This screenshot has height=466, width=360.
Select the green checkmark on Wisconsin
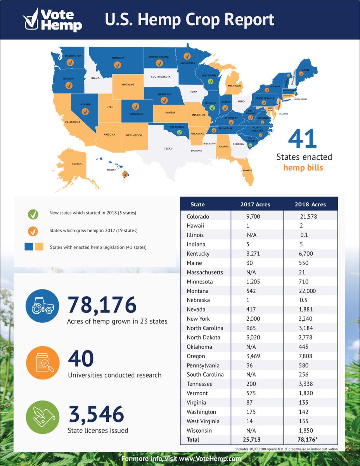[210, 82]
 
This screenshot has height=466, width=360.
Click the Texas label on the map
[168, 148]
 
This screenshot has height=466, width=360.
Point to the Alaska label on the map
[76, 163]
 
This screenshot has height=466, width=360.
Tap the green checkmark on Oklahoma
[179, 132]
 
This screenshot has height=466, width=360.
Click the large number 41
[303, 140]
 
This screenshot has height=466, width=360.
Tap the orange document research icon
[43, 363]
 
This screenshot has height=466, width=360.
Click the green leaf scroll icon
[43, 418]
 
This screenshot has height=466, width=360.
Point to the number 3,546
[96, 414]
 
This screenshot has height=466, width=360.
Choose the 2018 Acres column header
[310, 204]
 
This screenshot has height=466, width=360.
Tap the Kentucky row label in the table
[198, 254]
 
